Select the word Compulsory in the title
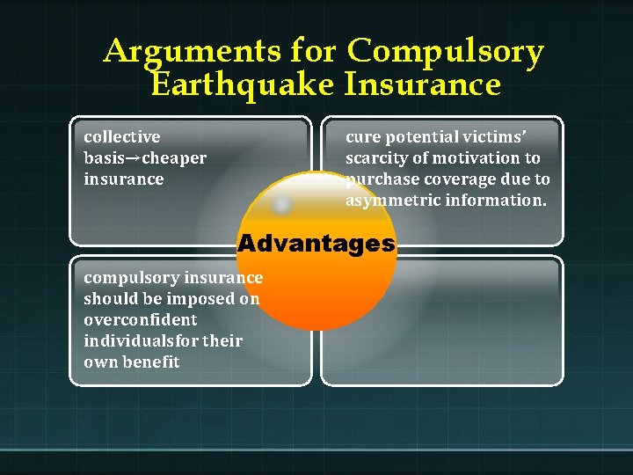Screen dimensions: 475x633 tap(445, 53)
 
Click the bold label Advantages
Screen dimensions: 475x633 tap(316, 244)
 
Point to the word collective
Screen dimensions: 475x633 tap(122, 137)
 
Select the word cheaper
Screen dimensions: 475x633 tap(173, 158)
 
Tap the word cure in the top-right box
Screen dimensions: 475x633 tap(360, 137)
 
